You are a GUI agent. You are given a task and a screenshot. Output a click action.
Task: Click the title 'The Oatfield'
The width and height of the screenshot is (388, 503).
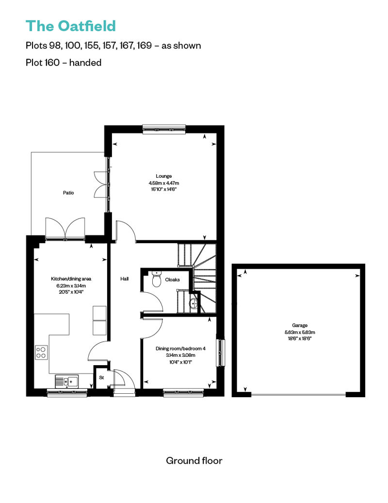70,26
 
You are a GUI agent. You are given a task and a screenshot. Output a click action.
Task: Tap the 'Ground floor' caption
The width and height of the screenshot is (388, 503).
194,461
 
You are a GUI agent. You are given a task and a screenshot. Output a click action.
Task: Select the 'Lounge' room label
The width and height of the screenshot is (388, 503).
164,176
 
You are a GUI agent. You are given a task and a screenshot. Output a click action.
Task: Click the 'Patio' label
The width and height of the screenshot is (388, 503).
68,193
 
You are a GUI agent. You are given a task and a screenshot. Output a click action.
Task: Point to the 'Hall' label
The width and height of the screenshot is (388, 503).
124,279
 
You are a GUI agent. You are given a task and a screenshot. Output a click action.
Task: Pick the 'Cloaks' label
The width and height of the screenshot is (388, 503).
172,280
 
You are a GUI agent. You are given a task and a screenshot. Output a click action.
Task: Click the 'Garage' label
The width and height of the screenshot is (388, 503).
300,325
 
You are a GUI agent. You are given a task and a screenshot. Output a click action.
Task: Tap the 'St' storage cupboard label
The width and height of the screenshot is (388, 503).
101,378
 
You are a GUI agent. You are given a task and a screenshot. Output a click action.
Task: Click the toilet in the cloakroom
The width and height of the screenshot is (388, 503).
156,279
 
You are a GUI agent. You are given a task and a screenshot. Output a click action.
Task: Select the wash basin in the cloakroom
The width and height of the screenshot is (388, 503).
194,303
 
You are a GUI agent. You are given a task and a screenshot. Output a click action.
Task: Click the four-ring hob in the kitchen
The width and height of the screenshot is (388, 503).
41,352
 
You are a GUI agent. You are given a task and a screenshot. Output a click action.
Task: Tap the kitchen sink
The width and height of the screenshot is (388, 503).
66,382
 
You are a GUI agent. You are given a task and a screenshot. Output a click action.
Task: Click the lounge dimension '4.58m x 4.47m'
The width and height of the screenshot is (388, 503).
164,183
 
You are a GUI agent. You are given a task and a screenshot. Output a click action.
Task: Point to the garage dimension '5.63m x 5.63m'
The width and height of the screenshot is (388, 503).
300,332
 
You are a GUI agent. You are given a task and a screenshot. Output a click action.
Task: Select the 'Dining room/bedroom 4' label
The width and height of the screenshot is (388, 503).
180,349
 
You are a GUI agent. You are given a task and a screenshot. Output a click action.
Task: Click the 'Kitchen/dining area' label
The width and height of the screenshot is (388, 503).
71,279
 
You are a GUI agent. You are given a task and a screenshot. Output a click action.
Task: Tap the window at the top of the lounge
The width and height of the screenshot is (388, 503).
164,129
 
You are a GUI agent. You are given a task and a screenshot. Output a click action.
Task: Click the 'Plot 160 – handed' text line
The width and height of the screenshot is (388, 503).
64,62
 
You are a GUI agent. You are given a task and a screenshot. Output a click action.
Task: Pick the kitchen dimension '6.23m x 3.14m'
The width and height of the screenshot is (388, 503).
71,286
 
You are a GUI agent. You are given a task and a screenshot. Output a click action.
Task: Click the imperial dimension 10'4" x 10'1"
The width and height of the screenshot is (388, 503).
180,362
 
